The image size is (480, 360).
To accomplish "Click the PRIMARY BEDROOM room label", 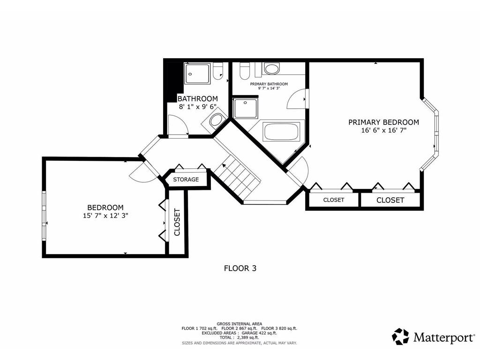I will [x=383, y=122].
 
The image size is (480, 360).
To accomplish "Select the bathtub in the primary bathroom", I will [x=281, y=132].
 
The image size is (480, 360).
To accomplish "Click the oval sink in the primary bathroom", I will [x=271, y=69].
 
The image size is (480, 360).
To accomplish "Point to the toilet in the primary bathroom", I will [x=244, y=71].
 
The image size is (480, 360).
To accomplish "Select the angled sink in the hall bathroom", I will [x=216, y=120].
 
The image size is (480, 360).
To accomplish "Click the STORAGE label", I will [x=186, y=180].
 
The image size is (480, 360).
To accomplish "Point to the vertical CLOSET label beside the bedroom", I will [x=177, y=222].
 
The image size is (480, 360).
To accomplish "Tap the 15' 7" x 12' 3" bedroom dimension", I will [x=105, y=216].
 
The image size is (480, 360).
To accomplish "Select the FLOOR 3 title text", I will [x=240, y=269].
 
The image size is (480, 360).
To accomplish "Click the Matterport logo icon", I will [x=400, y=337].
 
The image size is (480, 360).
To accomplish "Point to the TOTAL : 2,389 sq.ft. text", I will [x=240, y=337].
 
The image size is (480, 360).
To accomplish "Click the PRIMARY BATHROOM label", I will [x=269, y=84].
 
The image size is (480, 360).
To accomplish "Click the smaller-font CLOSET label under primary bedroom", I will [x=334, y=200].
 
